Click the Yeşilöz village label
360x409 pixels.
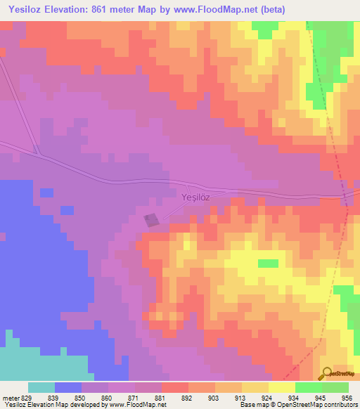pyautogui.click(x=195, y=198)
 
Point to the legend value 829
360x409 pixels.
pyautogui.click(x=27, y=397)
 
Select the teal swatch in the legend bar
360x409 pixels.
pyautogui.click(x=41, y=387)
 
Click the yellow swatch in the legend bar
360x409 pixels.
pyautogui.click(x=282, y=387)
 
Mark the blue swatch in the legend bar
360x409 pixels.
pyautogui.click(x=68, y=387)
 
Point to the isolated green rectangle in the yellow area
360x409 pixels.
pyautogui.click(x=267, y=264)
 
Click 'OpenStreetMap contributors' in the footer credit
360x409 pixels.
pyautogui.click(x=317, y=405)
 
